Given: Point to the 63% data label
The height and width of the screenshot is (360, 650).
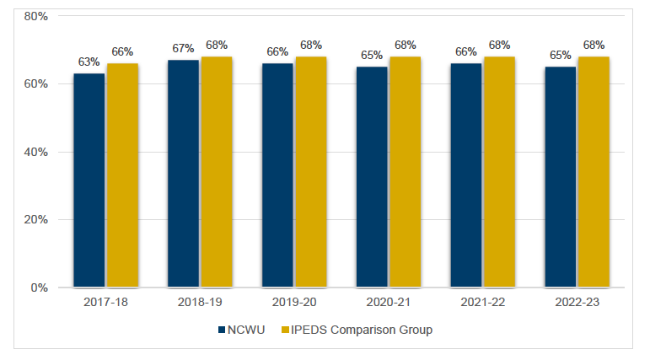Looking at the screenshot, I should click(89, 62).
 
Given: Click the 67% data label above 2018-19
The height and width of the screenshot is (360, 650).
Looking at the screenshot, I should click(184, 49).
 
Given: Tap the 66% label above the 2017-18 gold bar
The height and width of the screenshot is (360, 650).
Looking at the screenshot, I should click(122, 52).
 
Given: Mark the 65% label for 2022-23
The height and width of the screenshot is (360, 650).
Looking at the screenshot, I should click(561, 56).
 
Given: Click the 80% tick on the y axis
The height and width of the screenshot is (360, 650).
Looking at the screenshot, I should click(35, 16).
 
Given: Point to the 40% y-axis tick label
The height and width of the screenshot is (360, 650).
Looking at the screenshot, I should click(35, 152).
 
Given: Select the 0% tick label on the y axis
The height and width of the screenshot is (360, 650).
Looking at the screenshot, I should click(39, 287).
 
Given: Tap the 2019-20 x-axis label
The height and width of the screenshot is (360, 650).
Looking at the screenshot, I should click(294, 303).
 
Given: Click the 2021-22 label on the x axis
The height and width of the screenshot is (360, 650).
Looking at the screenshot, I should click(483, 303).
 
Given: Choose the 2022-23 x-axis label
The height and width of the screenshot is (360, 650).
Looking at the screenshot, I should click(577, 303).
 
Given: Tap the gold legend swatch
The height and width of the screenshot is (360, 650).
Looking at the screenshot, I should click(286, 330).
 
